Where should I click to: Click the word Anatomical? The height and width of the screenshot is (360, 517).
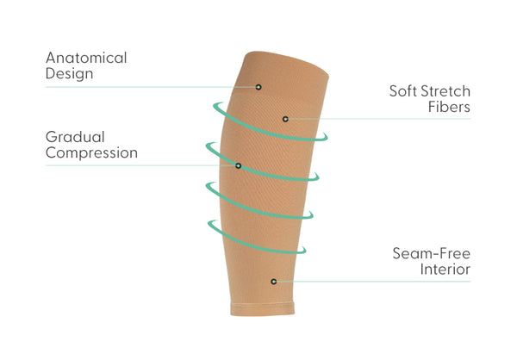tap(86, 59)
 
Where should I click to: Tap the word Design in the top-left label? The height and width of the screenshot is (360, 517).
tap(69, 74)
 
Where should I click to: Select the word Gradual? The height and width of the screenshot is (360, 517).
tap(75, 137)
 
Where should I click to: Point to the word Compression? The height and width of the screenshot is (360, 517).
tap(91, 153)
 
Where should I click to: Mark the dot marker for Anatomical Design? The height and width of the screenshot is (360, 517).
tap(258, 87)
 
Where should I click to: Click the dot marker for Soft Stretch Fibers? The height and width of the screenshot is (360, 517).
tap(285, 118)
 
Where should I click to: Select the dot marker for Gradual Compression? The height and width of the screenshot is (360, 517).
tap(238, 164)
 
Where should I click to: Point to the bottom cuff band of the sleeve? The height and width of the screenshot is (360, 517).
tap(263, 308)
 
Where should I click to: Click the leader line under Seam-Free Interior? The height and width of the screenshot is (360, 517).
tap(379, 281)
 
